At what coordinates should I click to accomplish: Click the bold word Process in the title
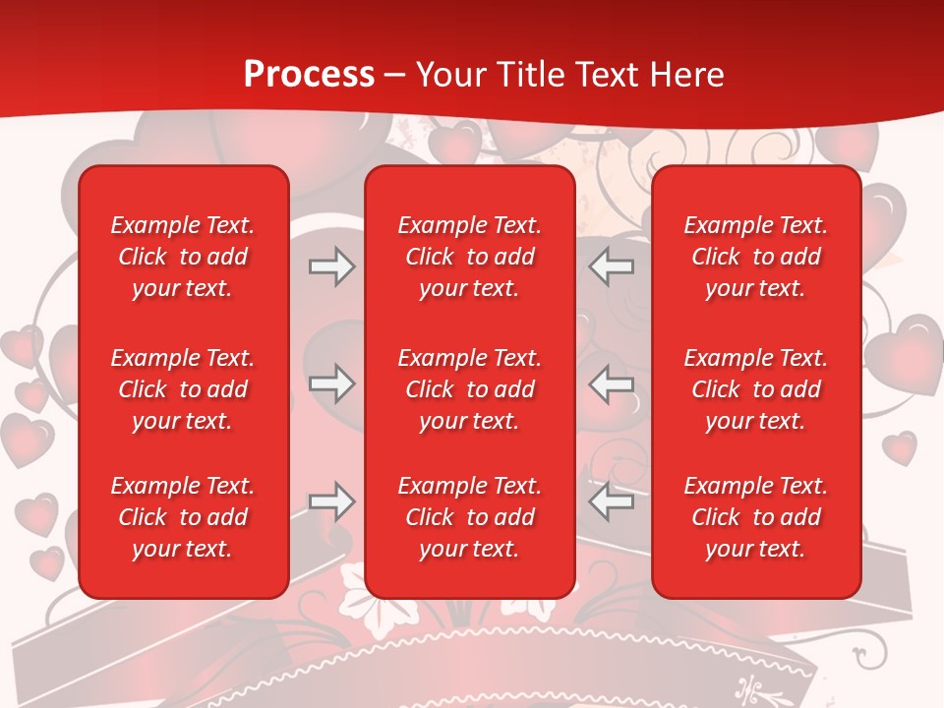point(309,75)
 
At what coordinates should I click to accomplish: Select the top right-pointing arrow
point(331,266)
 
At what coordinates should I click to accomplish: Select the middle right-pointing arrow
point(331,383)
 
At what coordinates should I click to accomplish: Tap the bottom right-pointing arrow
point(331,501)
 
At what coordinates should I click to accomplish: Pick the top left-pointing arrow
point(612,266)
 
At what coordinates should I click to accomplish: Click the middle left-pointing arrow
point(612,383)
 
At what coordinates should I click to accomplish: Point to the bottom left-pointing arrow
point(612,501)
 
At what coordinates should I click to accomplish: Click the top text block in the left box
point(183,257)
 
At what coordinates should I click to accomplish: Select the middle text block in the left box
point(183,389)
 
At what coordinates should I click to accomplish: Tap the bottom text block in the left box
point(183,517)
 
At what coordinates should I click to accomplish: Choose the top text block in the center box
point(470,257)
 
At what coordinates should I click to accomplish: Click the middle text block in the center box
point(470,389)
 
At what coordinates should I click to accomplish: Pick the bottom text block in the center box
point(470,517)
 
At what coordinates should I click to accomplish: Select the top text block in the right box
point(756,257)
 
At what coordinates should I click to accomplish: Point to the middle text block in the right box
point(756,389)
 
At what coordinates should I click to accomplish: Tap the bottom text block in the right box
point(756,517)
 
